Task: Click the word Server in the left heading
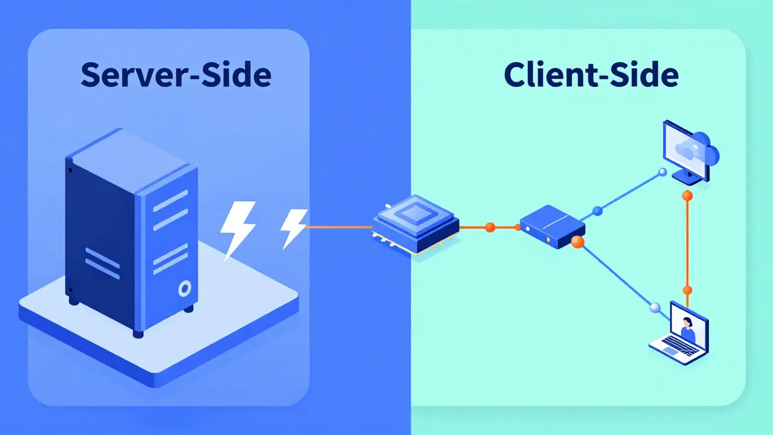point(124,75)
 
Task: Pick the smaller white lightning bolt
point(293,228)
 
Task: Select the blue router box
point(552,226)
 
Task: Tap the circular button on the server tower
point(184,289)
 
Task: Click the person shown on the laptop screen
point(687,329)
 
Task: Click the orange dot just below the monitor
point(687,195)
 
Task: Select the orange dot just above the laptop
point(687,289)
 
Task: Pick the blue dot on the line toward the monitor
point(597,211)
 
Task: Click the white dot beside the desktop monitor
point(662,172)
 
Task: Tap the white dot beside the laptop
point(654,308)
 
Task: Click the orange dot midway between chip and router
point(490,227)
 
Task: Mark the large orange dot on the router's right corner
point(577,242)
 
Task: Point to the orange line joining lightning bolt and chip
point(338,227)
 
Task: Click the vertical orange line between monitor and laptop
point(687,242)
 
